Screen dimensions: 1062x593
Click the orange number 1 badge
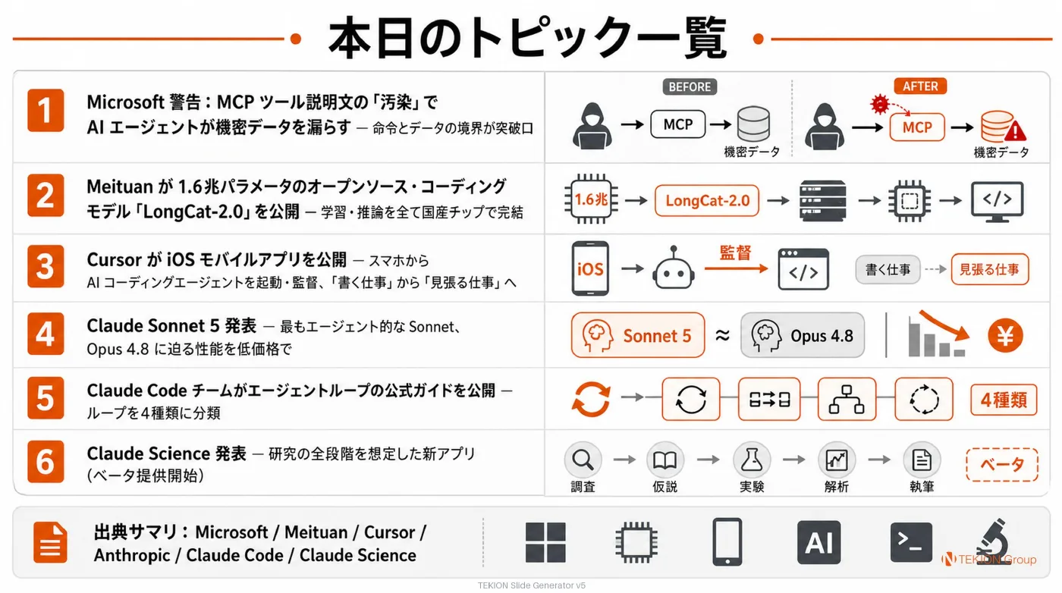pos(46,110)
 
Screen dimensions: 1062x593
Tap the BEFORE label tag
pos(690,86)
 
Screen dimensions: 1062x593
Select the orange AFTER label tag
pos(920,86)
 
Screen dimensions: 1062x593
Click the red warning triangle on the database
pos(1015,131)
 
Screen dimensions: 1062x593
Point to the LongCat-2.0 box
pos(707,200)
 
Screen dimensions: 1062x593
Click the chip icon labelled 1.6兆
pos(591,199)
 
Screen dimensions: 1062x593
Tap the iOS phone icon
pos(590,268)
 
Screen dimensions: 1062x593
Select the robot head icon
pos(674,268)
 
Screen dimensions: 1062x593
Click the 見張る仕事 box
pos(990,269)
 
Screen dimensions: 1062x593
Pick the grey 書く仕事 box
pos(888,269)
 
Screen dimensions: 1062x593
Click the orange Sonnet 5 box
pos(638,335)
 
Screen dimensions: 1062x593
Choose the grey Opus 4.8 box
pos(803,335)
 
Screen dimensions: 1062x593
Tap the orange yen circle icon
pos(1005,336)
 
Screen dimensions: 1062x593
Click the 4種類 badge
pos(1003,400)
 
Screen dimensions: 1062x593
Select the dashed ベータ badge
pos(1002,465)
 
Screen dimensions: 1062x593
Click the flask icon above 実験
pos(752,460)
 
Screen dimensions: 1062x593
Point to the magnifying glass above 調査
pos(583,460)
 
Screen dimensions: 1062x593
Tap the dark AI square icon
pos(818,542)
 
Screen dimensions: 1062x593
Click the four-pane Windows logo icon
pos(545,542)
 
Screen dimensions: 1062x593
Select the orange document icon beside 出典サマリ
pos(50,543)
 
